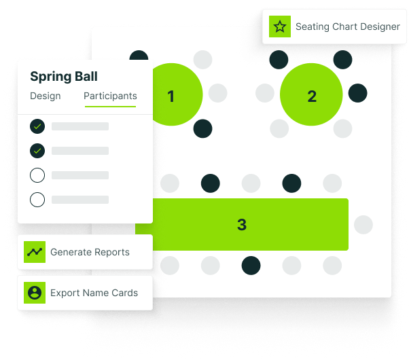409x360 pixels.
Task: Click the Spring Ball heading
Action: click(x=64, y=77)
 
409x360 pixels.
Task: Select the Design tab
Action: click(x=46, y=96)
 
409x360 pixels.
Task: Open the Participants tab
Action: click(x=110, y=96)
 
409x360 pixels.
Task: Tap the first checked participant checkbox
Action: click(x=37, y=126)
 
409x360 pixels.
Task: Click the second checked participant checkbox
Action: click(x=37, y=150)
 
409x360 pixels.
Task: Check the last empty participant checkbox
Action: click(x=37, y=200)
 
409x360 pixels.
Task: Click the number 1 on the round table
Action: click(x=171, y=96)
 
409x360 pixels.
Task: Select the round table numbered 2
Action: click(x=312, y=96)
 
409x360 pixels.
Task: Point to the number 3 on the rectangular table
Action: click(x=242, y=225)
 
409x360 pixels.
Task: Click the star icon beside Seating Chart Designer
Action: click(x=279, y=27)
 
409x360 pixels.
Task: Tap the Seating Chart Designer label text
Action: click(x=347, y=27)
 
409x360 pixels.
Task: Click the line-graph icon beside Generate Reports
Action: click(x=34, y=252)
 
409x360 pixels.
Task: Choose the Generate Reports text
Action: click(x=90, y=252)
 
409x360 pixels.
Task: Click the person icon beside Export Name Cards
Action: click(x=34, y=293)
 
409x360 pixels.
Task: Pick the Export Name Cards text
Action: click(x=94, y=293)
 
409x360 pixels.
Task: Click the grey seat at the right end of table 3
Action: click(x=363, y=225)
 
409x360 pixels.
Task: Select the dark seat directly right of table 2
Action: click(x=358, y=93)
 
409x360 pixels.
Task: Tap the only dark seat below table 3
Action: click(x=251, y=265)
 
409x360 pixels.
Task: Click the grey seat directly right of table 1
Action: click(x=217, y=93)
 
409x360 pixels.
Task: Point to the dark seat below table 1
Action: click(x=202, y=128)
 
